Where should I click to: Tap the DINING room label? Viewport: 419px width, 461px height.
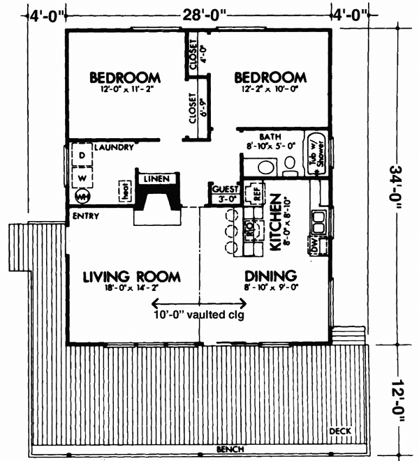click(271, 275)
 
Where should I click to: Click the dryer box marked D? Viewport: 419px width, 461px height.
click(82, 155)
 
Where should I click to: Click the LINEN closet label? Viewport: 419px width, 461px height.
click(156, 180)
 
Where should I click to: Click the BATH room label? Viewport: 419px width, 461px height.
click(270, 137)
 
